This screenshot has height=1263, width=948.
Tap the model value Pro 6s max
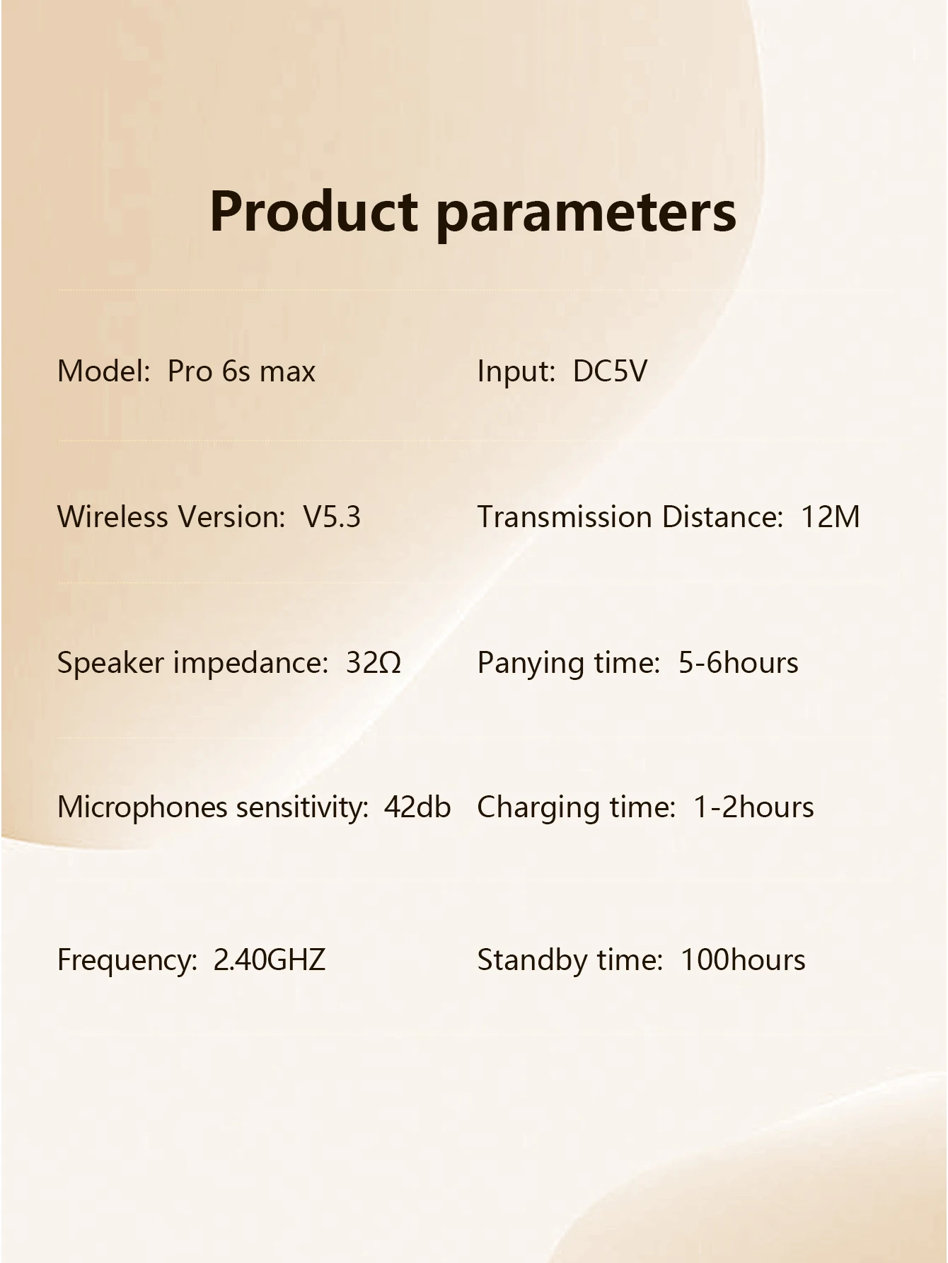click(241, 371)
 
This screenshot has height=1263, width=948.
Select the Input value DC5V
click(610, 371)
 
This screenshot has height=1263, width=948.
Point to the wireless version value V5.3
click(332, 517)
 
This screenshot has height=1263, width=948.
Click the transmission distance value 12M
click(831, 517)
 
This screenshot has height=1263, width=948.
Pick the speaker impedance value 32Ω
click(374, 662)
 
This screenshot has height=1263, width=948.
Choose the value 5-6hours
click(739, 662)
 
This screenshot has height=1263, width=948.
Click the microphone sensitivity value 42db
click(417, 807)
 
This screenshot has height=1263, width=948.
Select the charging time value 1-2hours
click(754, 807)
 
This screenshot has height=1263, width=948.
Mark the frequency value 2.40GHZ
click(270, 959)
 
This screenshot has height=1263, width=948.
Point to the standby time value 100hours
click(743, 959)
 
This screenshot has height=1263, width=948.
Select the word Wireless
click(113, 517)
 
